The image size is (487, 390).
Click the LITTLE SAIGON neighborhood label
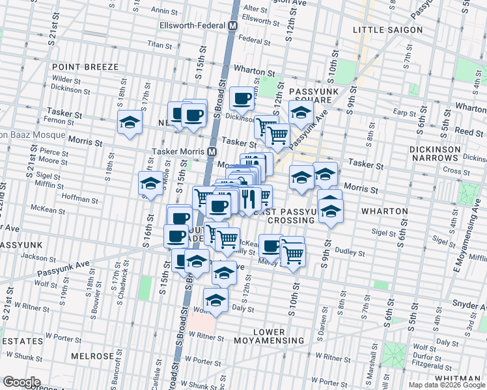click(387, 30)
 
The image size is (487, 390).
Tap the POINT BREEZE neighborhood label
click(85, 67)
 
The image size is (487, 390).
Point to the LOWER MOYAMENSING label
click(270, 336)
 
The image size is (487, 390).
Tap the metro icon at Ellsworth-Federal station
click(232, 26)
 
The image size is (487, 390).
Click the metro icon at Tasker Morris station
click(212, 151)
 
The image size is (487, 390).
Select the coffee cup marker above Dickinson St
click(242, 98)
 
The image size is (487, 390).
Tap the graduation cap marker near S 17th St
click(130, 122)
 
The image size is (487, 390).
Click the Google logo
click(21, 382)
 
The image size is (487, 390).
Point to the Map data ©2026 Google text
click(446, 385)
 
